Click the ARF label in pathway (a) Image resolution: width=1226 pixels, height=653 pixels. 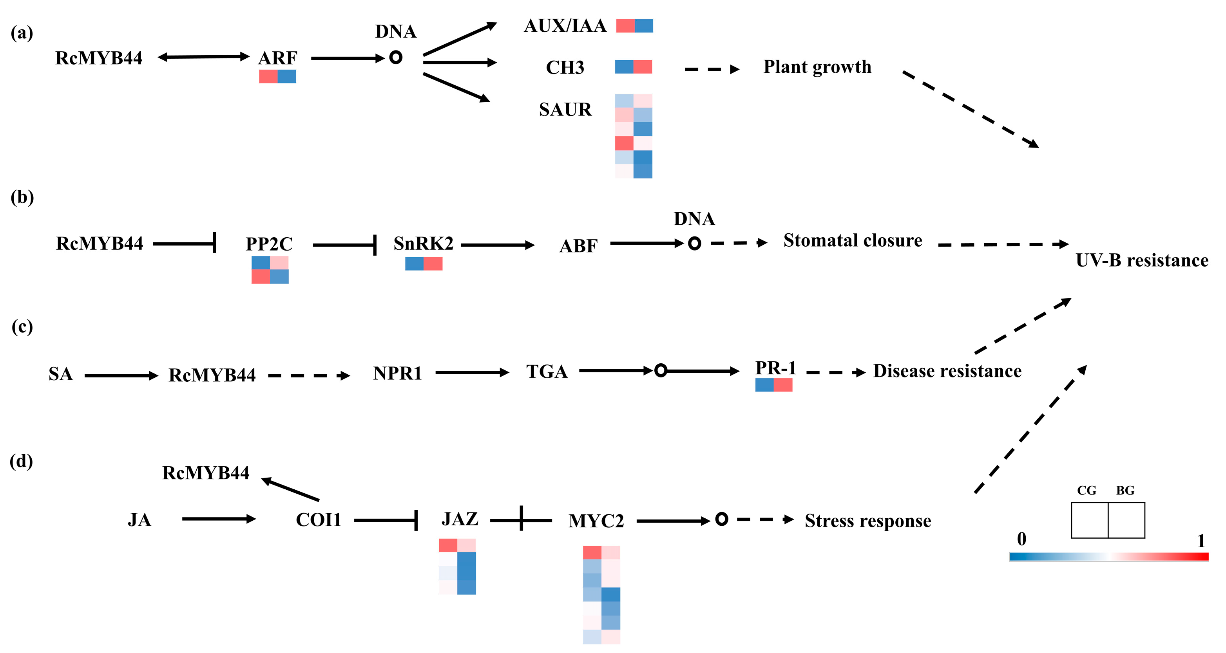tap(277, 58)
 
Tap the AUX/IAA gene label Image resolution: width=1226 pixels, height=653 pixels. tap(565, 26)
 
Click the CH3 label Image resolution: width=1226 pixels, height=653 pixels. tap(565, 68)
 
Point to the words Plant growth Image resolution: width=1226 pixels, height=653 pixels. tap(817, 67)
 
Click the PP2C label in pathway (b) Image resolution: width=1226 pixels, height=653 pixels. tap(269, 244)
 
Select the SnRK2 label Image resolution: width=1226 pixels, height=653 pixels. tap(423, 244)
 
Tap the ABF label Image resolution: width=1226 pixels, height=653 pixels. tap(578, 246)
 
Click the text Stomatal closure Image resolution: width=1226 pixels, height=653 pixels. tap(852, 241)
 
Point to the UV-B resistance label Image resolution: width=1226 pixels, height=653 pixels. tap(1142, 261)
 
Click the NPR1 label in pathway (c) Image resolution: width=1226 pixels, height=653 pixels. tap(397, 373)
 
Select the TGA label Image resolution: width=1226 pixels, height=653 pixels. tap(547, 372)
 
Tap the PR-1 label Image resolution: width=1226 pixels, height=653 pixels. tap(775, 368)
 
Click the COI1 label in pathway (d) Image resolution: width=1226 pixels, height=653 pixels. tap(319, 520)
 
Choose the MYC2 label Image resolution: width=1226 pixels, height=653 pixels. tap(596, 521)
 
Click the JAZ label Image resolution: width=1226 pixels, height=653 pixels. tap(460, 519)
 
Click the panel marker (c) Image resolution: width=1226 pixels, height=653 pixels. tap(22, 327)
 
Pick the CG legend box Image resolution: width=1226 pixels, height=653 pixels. tap(1089, 520)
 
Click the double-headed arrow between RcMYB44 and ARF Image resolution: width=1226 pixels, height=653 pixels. tap(203, 57)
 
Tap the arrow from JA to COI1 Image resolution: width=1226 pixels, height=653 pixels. tap(219, 519)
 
